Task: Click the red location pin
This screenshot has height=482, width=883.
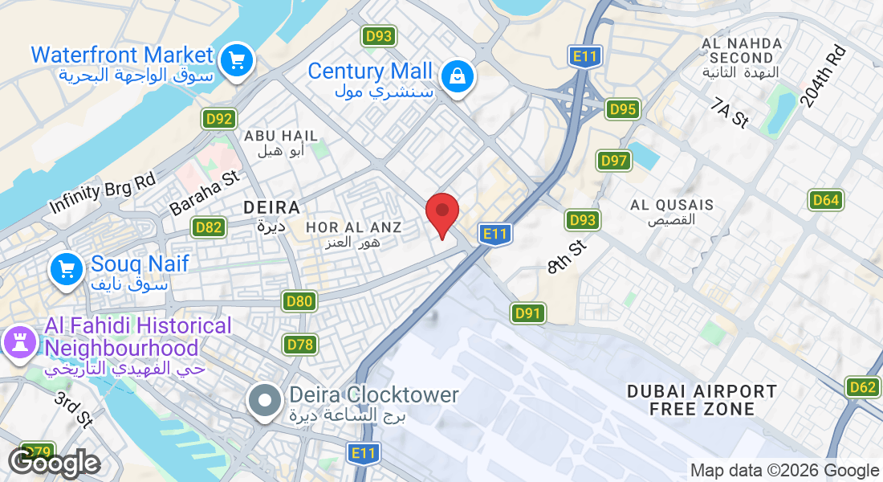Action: coord(441,212)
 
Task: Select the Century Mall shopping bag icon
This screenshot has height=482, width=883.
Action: coord(457,77)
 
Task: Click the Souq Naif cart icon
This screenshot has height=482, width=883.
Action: coord(67,270)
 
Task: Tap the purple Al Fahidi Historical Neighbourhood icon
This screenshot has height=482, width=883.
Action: coord(20,341)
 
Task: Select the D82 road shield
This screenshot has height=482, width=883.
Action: coord(208,227)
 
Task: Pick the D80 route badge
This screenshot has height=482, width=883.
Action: coord(299,302)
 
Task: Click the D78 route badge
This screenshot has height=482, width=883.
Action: coord(299,345)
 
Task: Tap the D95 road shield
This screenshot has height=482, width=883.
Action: coord(622,109)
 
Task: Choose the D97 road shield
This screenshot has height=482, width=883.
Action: coord(613,161)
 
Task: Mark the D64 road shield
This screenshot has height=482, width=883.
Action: coord(825,200)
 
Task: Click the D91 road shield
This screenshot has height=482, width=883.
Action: coord(528,313)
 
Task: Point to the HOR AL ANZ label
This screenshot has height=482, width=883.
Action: coord(353,228)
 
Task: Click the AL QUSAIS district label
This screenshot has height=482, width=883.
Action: coord(672,205)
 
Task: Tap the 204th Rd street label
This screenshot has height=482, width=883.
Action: coord(823,77)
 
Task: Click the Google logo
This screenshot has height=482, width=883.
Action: coord(54,464)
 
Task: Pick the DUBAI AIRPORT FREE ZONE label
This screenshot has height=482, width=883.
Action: coord(702,400)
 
